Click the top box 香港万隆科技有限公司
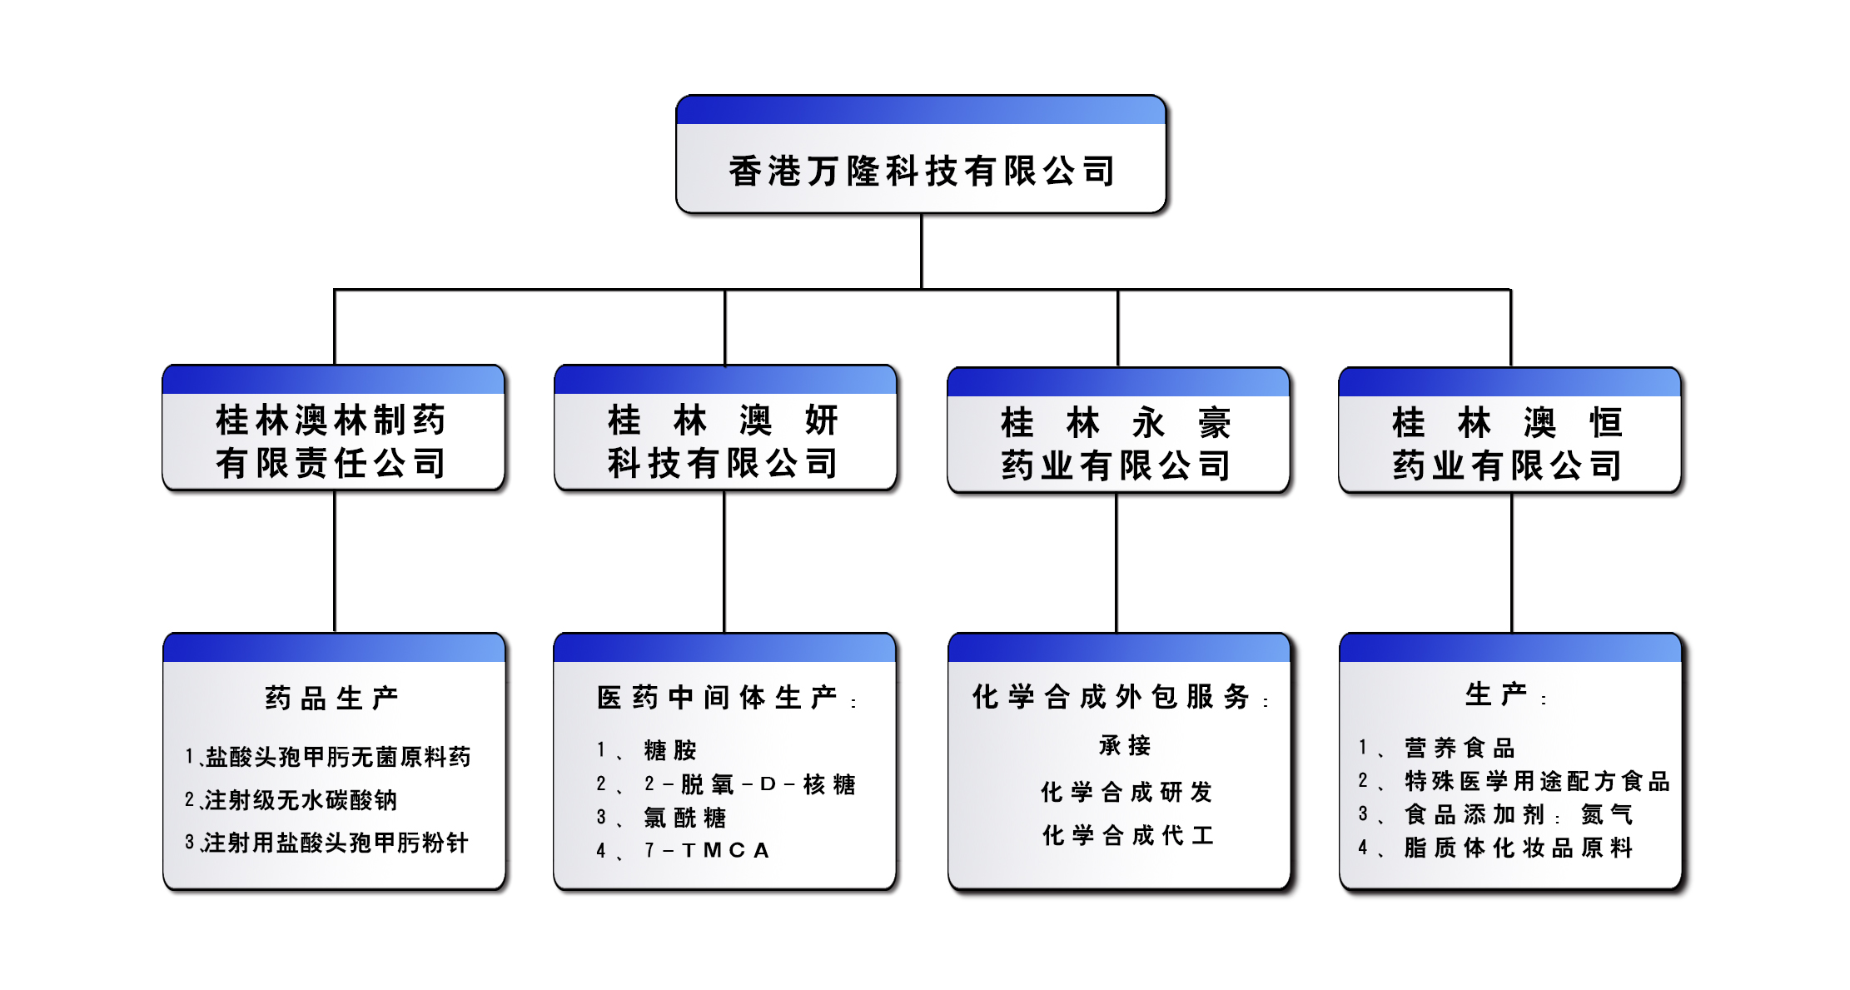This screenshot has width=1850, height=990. click(921, 170)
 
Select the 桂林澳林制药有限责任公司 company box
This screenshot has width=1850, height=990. click(333, 441)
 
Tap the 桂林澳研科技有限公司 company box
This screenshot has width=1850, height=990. click(724, 441)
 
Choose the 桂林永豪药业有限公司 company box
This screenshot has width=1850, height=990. click(1117, 444)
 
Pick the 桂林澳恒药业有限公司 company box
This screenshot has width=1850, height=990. click(1509, 444)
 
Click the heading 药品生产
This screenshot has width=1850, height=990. click(332, 698)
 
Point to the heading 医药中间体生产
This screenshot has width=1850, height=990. click(718, 698)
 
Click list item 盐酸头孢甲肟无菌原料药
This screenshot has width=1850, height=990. click(337, 756)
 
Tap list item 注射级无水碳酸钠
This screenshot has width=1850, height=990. click(300, 799)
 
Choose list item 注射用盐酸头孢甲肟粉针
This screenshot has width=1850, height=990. click(335, 843)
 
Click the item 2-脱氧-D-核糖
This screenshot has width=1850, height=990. click(749, 784)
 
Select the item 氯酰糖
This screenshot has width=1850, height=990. click(684, 818)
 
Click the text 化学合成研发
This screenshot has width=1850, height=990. click(1126, 792)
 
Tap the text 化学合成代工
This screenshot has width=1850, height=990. click(1127, 835)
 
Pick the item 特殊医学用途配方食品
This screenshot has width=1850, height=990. click(1536, 781)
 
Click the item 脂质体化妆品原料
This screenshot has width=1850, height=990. click(1518, 848)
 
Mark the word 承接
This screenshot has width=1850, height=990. click(1125, 745)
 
